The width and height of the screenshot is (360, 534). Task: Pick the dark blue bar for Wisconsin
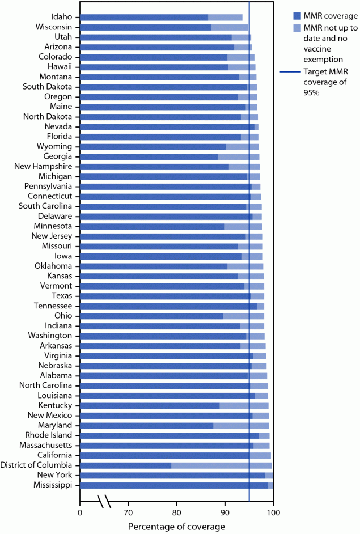pos(145,27)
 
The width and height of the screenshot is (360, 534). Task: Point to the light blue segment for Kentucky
pos(244,406)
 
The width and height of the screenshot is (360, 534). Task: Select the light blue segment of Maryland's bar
pos(241,426)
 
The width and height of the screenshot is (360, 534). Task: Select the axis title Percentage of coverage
pos(176,527)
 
